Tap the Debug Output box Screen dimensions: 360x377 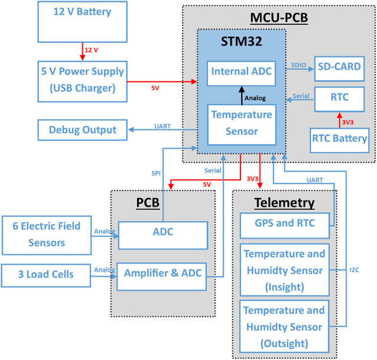(x=83, y=129)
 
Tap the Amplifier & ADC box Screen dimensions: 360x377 (x=162, y=274)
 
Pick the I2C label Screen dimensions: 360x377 (x=353, y=270)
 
